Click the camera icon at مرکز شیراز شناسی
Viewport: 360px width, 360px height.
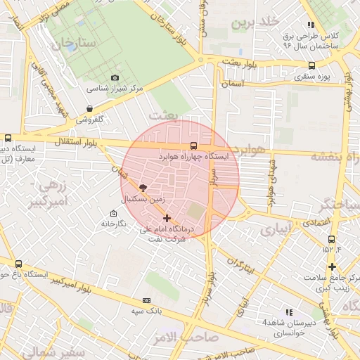(115, 78)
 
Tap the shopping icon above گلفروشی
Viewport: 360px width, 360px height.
(89, 108)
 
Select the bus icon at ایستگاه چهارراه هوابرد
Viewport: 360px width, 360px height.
(193, 146)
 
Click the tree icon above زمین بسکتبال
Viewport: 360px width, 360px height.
(143, 188)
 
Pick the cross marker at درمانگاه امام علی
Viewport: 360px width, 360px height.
(166, 218)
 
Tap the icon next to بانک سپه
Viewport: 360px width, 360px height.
(148, 297)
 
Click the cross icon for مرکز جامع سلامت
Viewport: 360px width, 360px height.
(332, 266)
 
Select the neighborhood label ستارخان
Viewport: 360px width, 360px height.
(72, 43)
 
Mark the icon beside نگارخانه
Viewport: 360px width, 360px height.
(113, 213)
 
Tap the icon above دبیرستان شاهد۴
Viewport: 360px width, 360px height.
(288, 311)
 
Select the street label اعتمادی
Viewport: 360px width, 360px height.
(319, 222)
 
